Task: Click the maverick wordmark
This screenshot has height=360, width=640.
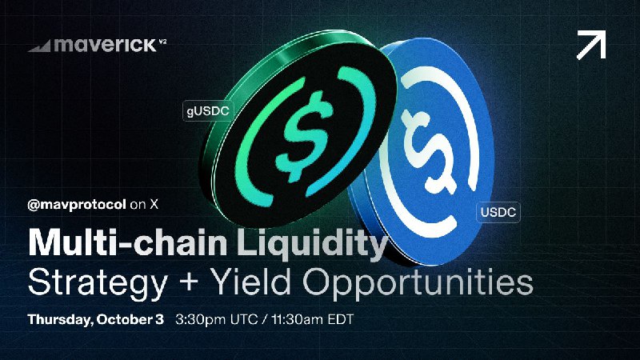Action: click(x=105, y=45)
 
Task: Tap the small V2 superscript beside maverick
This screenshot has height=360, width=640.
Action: click(x=162, y=42)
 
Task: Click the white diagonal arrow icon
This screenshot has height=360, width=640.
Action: click(x=591, y=45)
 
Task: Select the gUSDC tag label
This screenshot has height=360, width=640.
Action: click(x=208, y=111)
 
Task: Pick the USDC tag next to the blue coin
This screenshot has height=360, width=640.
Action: click(x=498, y=212)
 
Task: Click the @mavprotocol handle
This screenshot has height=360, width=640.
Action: click(x=76, y=205)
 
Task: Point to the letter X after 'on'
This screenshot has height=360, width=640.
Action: click(x=154, y=204)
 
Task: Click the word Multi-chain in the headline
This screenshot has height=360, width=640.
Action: click(x=127, y=243)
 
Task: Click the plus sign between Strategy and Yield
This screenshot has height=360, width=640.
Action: click(x=189, y=282)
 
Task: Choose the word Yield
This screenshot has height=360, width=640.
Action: click(x=252, y=282)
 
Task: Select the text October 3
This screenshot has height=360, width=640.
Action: click(x=130, y=319)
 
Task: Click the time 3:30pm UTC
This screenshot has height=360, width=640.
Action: click(x=216, y=319)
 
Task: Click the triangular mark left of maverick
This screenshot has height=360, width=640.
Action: click(x=40, y=46)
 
